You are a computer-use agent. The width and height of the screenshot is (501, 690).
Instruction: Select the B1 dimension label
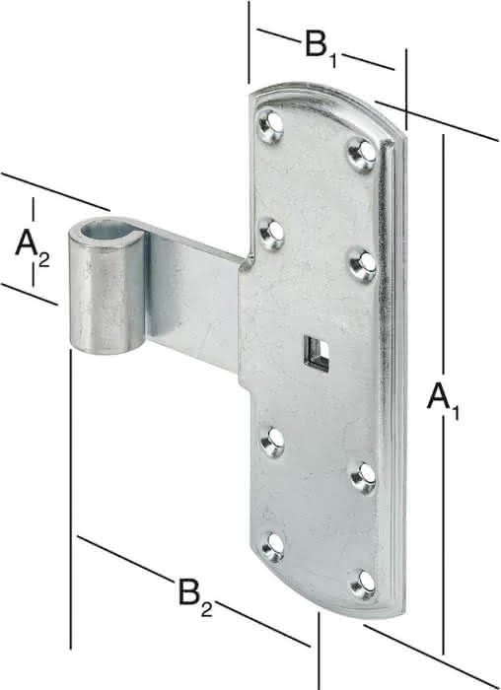click(x=322, y=48)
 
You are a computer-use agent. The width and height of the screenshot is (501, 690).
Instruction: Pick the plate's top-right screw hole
click(x=363, y=152)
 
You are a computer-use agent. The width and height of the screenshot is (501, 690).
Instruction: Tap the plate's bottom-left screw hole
click(x=273, y=546)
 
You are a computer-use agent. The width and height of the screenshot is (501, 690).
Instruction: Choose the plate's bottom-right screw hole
click(x=364, y=584)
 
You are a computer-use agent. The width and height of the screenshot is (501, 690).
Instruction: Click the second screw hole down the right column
click(x=364, y=264)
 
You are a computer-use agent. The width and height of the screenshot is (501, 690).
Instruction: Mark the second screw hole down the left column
click(x=271, y=234)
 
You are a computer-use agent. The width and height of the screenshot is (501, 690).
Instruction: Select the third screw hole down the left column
click(x=273, y=441)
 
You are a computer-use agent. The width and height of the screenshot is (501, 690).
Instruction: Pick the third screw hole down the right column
click(x=364, y=477)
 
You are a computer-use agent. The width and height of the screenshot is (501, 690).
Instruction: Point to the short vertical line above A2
click(x=33, y=209)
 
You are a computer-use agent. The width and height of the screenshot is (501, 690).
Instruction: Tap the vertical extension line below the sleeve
click(x=71, y=499)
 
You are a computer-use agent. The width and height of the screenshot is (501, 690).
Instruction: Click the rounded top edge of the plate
click(x=325, y=90)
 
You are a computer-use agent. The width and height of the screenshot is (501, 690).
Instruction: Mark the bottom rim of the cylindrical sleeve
click(x=107, y=350)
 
